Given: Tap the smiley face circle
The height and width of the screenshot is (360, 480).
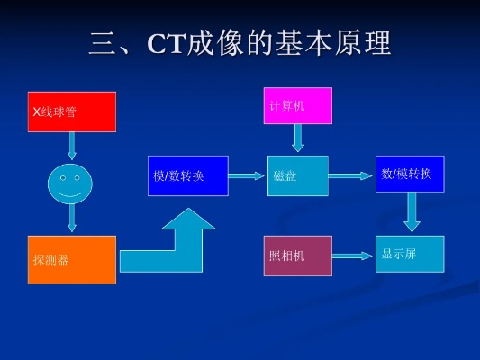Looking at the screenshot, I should (x=70, y=184).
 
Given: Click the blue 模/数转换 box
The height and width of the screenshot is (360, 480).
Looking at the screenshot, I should (x=187, y=175).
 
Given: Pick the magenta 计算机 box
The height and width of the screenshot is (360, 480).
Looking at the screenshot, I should (x=297, y=105).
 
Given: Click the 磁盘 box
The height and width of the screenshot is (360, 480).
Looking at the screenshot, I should (x=297, y=175).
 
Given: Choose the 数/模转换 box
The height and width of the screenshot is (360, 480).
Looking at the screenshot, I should (x=409, y=174).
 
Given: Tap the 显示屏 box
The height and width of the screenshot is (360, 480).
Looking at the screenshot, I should (x=409, y=254).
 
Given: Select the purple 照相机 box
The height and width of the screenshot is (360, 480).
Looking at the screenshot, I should (x=297, y=256).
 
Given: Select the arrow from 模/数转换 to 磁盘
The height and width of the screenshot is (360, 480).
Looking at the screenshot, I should (x=247, y=176).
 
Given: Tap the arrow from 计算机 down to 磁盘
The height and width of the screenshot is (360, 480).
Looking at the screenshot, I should (x=298, y=138).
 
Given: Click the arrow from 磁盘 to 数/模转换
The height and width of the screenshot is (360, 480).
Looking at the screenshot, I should (x=351, y=176).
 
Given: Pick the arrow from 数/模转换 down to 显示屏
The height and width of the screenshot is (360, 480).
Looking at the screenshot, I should (x=412, y=212).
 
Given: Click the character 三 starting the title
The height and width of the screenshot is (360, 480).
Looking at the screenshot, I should (x=104, y=43).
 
